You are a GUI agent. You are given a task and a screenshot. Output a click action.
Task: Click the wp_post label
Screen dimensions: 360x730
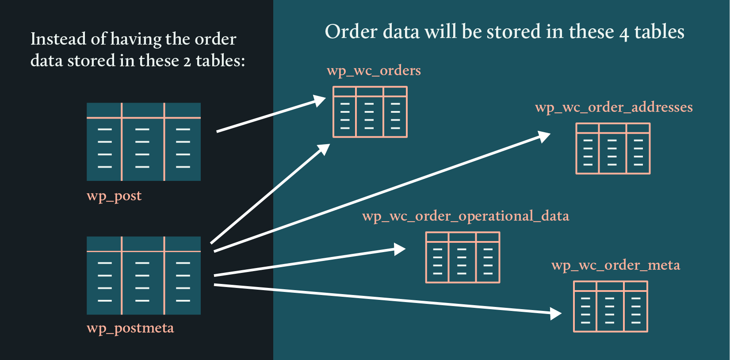[x=114, y=196]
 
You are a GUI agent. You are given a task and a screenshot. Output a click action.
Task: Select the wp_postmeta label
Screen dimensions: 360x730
[x=130, y=328]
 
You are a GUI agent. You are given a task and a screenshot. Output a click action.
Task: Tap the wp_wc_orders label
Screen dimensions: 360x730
[x=374, y=71]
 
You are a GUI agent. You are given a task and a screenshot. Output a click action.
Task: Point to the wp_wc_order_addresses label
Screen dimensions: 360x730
[x=614, y=107]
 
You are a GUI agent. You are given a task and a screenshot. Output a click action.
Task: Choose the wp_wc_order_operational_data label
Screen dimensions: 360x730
[x=466, y=216]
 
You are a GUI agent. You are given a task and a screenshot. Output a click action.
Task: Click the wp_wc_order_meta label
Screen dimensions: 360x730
[x=615, y=265]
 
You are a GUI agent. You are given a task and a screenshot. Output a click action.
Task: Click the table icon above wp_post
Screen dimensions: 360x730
[x=144, y=142]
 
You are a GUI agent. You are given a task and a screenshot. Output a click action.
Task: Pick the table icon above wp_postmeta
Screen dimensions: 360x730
[x=144, y=276]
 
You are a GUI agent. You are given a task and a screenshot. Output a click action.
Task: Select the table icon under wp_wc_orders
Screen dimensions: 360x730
[x=370, y=112]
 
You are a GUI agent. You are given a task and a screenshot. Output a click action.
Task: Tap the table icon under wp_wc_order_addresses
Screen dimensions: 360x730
[x=613, y=149]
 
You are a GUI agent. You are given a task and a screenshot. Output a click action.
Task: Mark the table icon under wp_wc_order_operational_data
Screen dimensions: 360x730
[x=462, y=257]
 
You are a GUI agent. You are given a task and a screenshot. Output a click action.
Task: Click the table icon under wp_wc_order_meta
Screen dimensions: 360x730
[x=611, y=306]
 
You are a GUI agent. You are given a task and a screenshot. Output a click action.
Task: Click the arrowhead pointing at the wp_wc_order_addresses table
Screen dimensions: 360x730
[x=544, y=136]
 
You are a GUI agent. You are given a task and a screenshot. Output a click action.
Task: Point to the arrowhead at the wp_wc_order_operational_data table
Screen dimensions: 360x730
[x=400, y=249]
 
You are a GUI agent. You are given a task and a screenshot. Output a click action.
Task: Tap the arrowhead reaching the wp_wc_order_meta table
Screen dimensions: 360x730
[x=556, y=314]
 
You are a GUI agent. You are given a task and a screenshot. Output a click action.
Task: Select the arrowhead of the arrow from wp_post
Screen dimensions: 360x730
[x=320, y=101]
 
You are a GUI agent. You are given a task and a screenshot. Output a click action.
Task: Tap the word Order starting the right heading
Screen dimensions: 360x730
[x=351, y=32]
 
